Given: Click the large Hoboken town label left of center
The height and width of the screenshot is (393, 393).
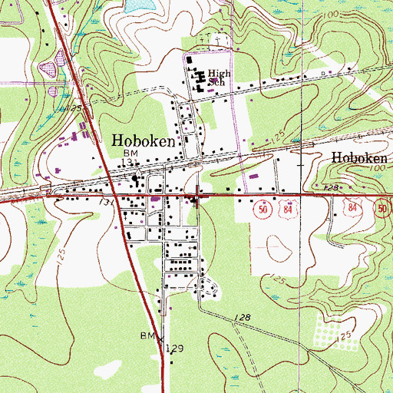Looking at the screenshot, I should (144, 140).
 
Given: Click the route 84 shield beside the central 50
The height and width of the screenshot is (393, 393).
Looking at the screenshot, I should (286, 210).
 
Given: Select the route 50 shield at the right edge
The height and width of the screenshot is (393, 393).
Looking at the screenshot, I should (383, 206).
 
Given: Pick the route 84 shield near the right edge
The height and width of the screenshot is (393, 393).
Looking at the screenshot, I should (354, 206).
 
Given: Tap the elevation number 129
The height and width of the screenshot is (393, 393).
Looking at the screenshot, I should (177, 348).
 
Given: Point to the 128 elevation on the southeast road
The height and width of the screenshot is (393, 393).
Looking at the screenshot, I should (243, 316).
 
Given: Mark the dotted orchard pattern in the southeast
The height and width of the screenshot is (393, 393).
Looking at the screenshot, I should (328, 329).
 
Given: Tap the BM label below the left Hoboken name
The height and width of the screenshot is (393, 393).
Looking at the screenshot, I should (130, 154).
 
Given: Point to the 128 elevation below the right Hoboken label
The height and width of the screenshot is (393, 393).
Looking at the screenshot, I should (332, 187).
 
